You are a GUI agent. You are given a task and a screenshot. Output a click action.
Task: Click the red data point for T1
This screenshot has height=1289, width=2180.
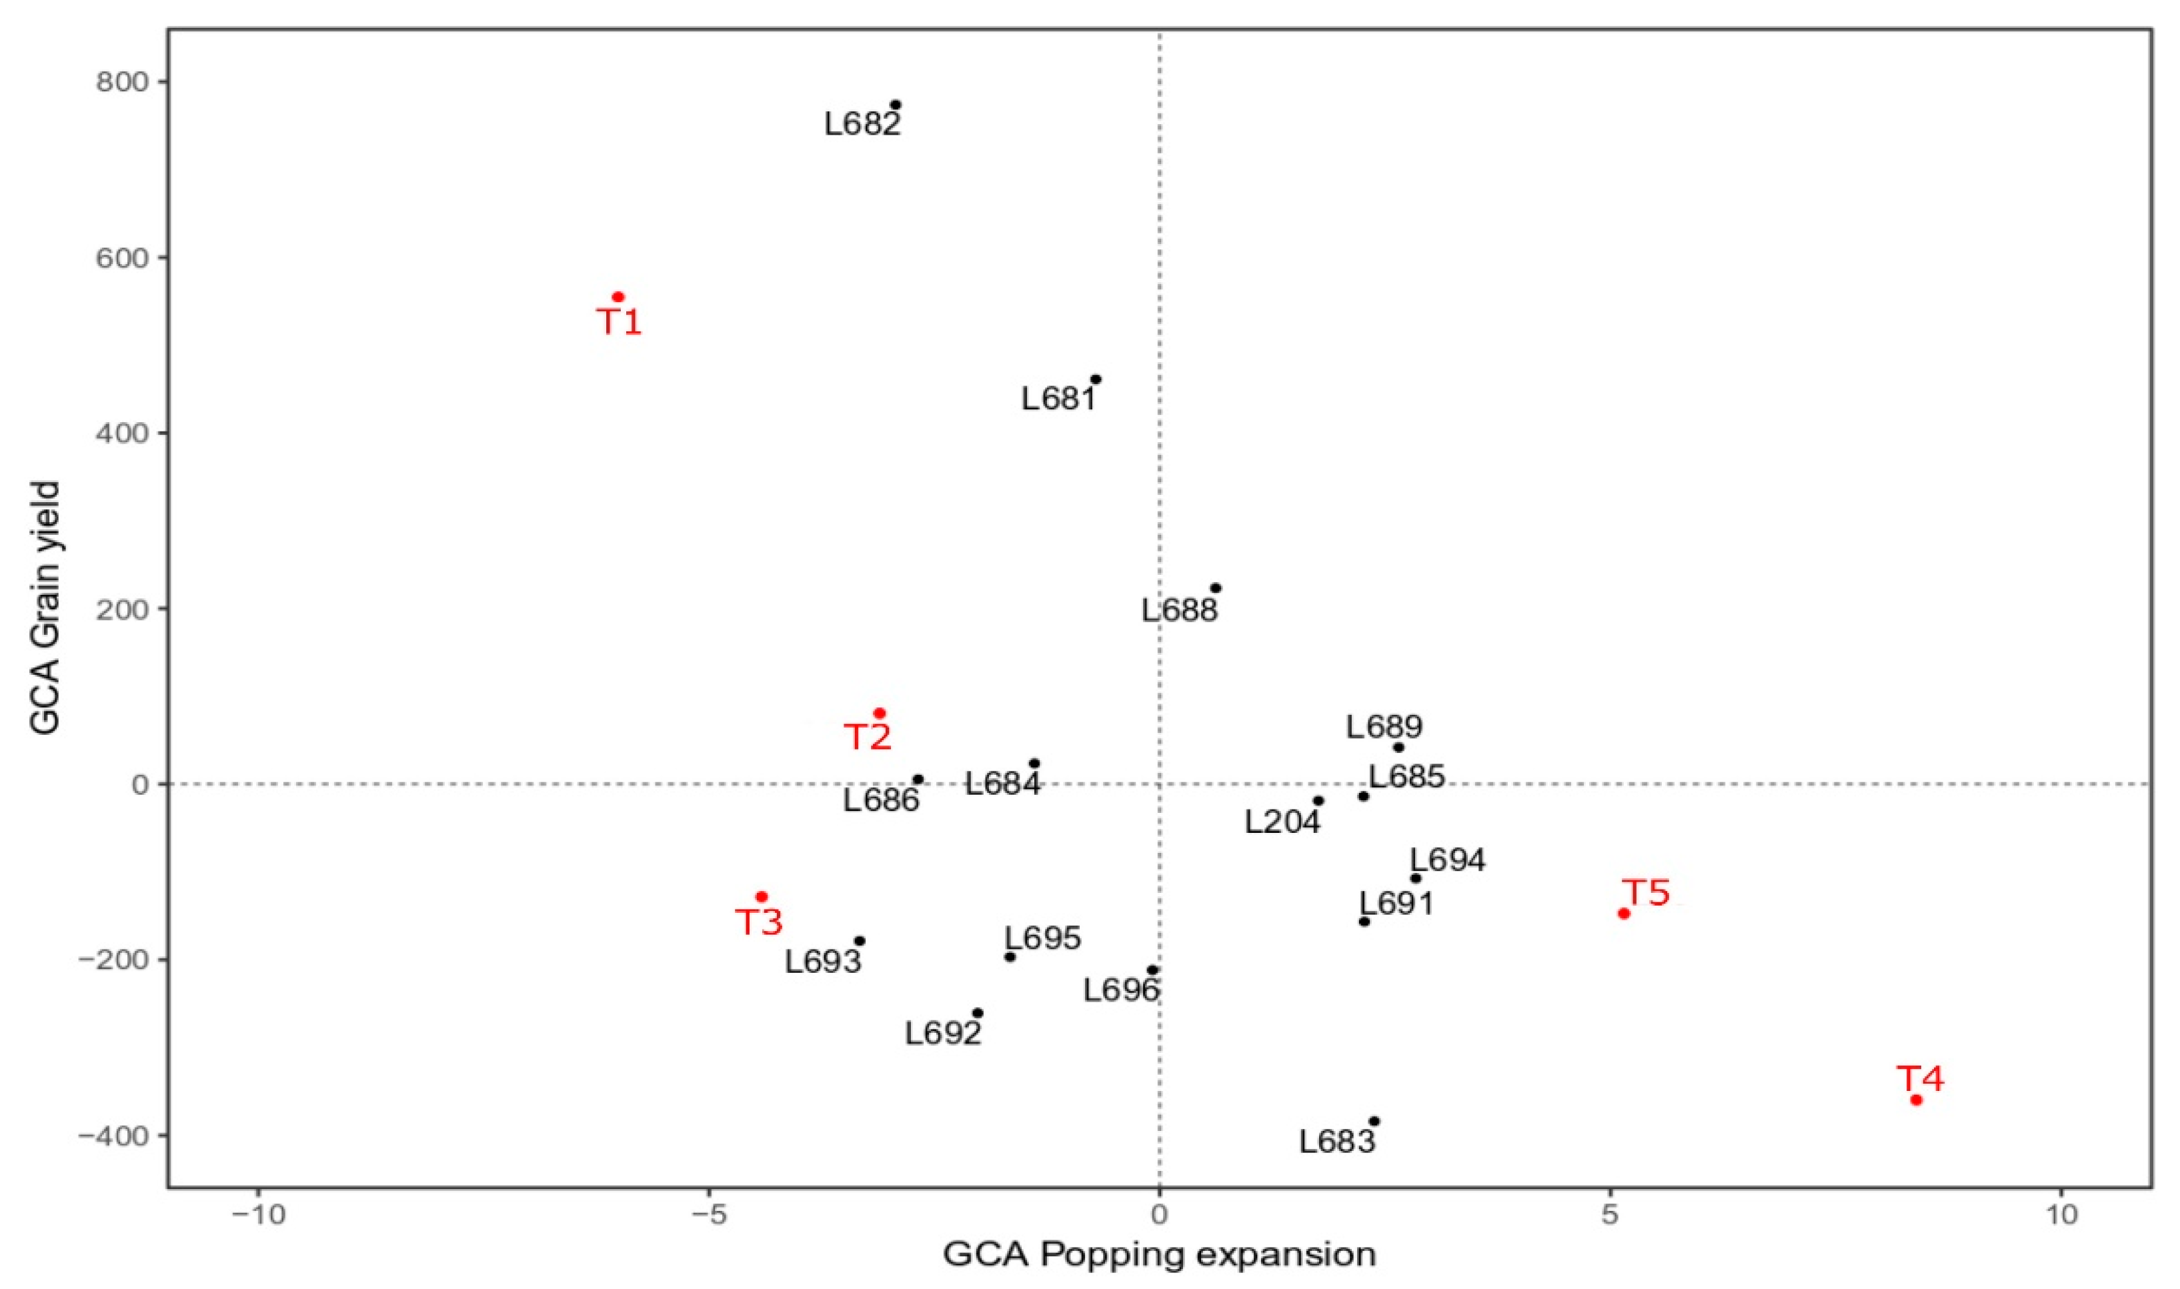[618, 297]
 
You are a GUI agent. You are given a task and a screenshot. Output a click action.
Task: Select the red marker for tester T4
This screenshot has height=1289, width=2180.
[1917, 1100]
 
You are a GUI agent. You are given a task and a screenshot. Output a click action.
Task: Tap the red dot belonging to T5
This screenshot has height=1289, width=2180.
[1623, 913]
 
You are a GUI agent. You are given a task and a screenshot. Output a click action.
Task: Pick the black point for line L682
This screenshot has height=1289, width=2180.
[896, 105]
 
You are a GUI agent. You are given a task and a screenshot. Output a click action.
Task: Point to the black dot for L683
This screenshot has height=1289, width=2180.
[1374, 1122]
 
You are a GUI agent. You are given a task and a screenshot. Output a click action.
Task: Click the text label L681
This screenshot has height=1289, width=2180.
[1058, 399]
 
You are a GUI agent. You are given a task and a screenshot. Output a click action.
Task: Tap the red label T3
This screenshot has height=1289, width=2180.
[759, 922]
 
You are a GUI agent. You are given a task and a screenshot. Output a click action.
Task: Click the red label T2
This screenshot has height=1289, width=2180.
[868, 738]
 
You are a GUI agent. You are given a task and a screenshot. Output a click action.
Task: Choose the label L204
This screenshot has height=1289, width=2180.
[1282, 822]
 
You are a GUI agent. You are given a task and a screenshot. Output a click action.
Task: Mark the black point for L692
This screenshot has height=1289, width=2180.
[977, 1013]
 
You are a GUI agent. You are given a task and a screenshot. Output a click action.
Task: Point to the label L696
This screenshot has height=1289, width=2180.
[1120, 990]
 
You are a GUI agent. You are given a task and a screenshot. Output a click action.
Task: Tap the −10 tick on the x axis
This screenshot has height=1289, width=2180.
[258, 1214]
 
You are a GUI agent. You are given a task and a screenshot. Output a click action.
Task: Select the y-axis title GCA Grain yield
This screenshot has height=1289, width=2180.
[45, 608]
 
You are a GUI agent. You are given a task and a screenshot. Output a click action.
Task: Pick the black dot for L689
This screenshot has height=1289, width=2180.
[1398, 748]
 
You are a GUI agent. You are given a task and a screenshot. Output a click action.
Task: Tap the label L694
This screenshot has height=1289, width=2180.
[1447, 860]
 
